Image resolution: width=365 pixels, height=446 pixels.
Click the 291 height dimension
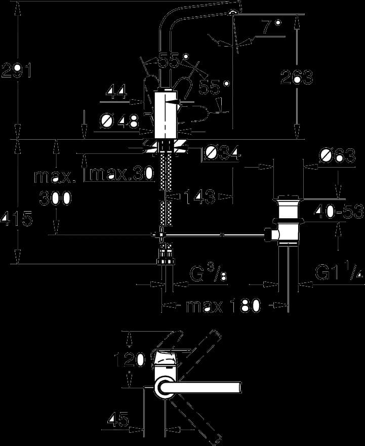[x=16, y=70]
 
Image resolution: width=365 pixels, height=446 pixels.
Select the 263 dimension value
[x=297, y=76]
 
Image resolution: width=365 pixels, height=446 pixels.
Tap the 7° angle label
[x=271, y=27]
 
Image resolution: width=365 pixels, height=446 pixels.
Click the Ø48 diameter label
[x=120, y=121]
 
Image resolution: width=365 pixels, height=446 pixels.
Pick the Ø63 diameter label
[x=337, y=155]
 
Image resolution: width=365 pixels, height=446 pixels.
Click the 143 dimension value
[x=199, y=196]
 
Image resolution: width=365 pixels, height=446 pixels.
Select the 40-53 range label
[x=339, y=211]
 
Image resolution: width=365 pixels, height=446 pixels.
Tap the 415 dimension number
[x=17, y=219]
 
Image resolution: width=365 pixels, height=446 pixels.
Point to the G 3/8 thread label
[x=208, y=274]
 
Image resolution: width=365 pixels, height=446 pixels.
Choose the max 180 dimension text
[x=223, y=306]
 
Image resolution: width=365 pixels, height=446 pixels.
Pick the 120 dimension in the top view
[x=130, y=359]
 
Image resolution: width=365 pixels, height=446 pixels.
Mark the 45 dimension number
[x=118, y=419]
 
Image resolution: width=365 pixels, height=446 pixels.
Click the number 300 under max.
[x=55, y=198]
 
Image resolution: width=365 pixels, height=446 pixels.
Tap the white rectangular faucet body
[x=166, y=114]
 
